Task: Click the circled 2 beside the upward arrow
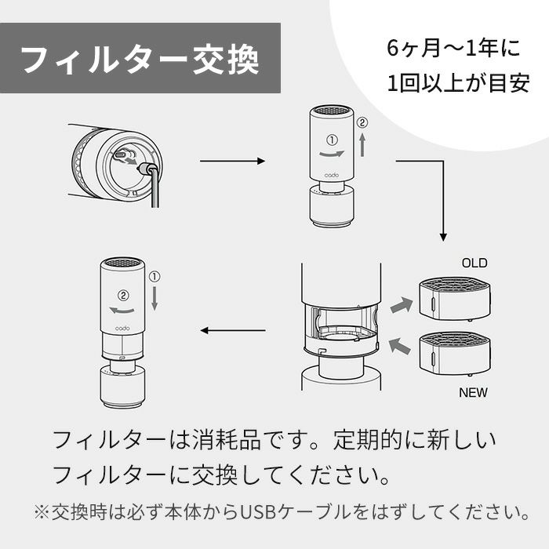(362, 123)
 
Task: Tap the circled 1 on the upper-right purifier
(331, 140)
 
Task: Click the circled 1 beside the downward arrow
(154, 276)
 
